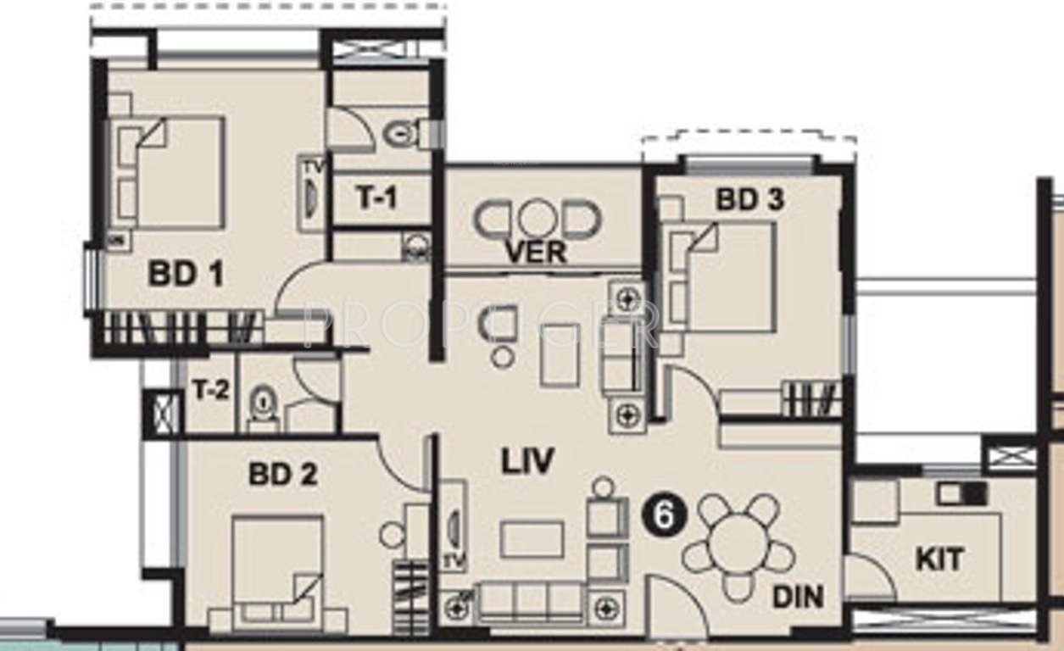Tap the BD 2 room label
pos(282,474)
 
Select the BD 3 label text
pos(749,200)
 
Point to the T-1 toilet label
pos(376,198)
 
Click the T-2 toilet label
pos(209,392)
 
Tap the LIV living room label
pos(526,462)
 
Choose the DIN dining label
pos(797,597)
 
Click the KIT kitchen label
pos(939,559)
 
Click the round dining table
pos(738,545)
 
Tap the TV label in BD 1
pos(310,166)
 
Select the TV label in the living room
pos(454,560)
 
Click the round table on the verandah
pos(536,219)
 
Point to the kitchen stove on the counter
pos(961,492)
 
